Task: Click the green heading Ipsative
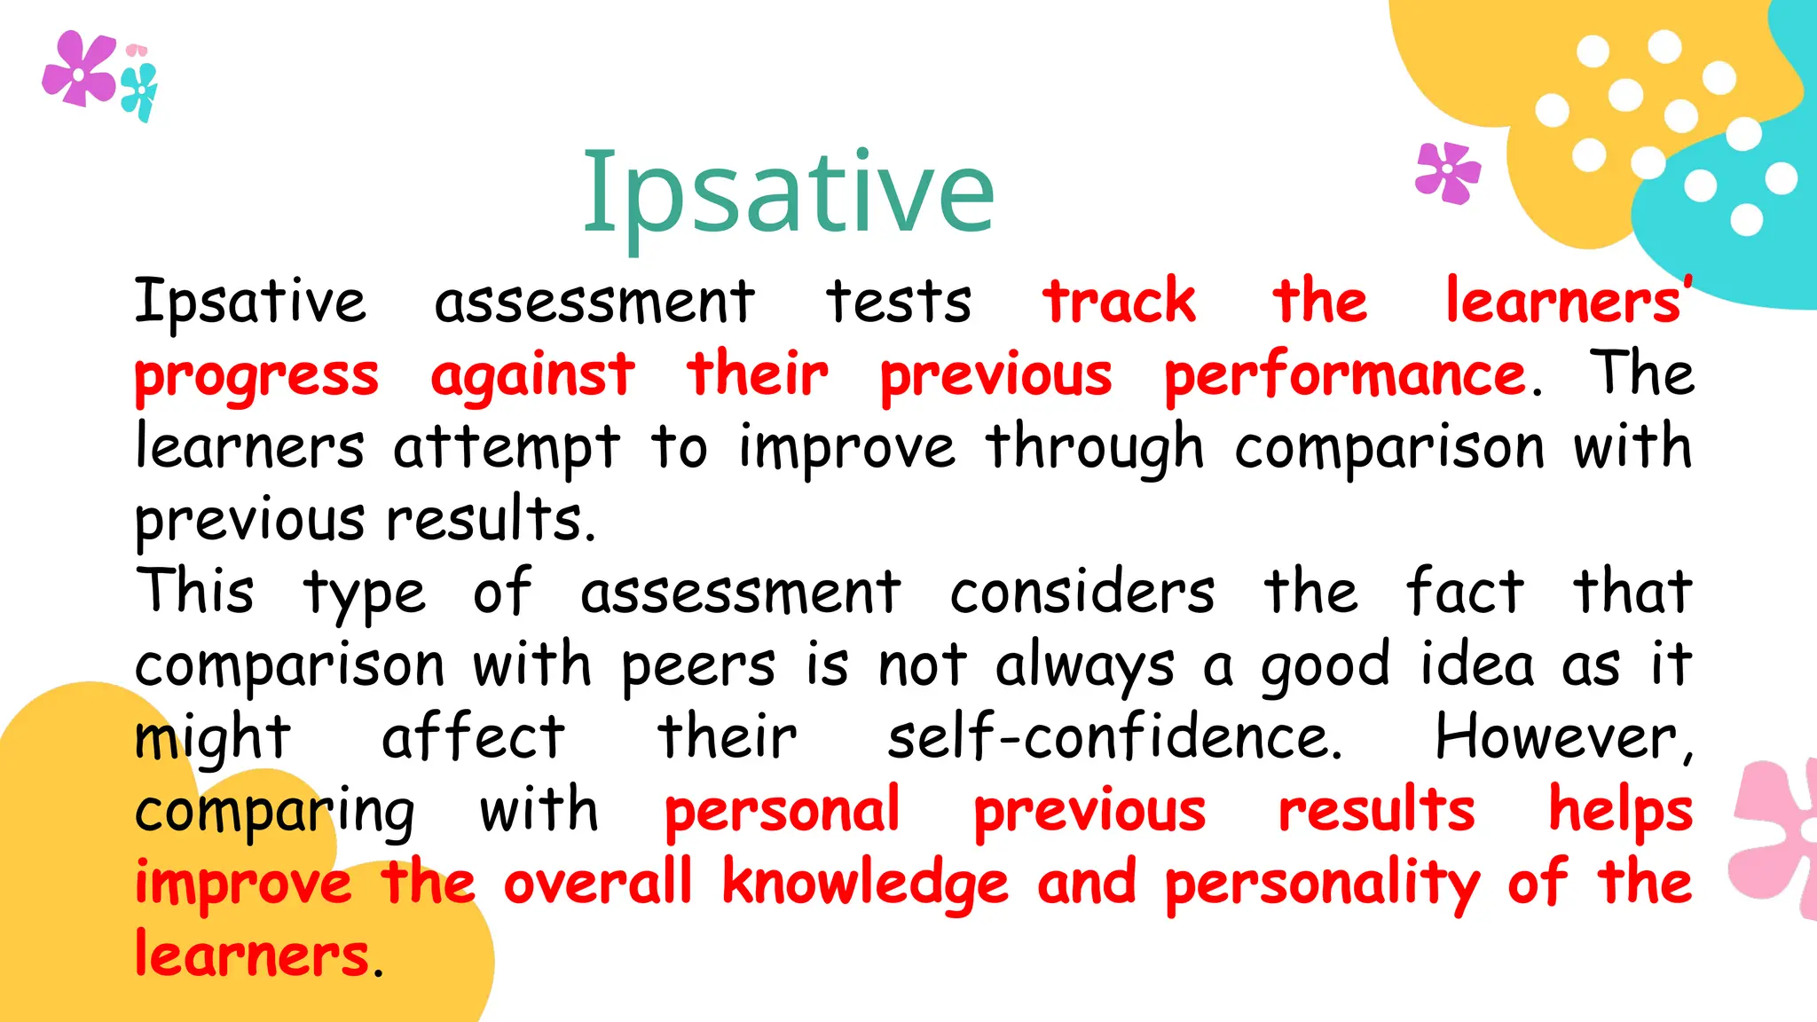tap(788, 193)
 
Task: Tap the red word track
tap(1119, 302)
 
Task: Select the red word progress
tap(256, 376)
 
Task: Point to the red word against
tap(532, 376)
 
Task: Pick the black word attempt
tap(506, 448)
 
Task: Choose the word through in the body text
tap(1095, 448)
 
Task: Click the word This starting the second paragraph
tap(195, 592)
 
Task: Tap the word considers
tap(1082, 592)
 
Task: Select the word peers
tap(698, 665)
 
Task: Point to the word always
tap(1084, 665)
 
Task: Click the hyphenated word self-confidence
tap(1115, 737)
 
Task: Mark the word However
tap(1563, 737)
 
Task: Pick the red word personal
tap(783, 811)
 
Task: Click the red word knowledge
tap(865, 884)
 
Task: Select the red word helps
tap(1621, 811)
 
